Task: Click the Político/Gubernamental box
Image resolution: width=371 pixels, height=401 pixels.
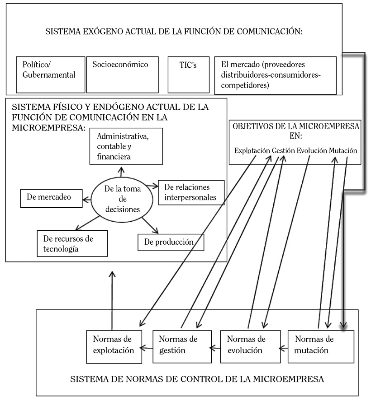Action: (50, 75)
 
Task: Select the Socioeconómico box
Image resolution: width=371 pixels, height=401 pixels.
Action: (122, 75)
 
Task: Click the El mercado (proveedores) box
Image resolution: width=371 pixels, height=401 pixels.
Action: (275, 75)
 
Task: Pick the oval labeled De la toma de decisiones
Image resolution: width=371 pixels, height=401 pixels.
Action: (117, 199)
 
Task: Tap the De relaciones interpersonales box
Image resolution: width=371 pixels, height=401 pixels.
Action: (190, 192)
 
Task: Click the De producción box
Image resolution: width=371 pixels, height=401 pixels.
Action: (171, 242)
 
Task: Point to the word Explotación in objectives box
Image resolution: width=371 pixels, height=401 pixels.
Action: (252, 151)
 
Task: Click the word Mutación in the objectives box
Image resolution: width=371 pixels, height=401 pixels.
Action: (343, 151)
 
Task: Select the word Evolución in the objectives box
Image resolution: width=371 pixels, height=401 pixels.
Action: (312, 151)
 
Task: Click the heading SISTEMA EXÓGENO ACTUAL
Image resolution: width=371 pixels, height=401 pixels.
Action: (174, 32)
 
